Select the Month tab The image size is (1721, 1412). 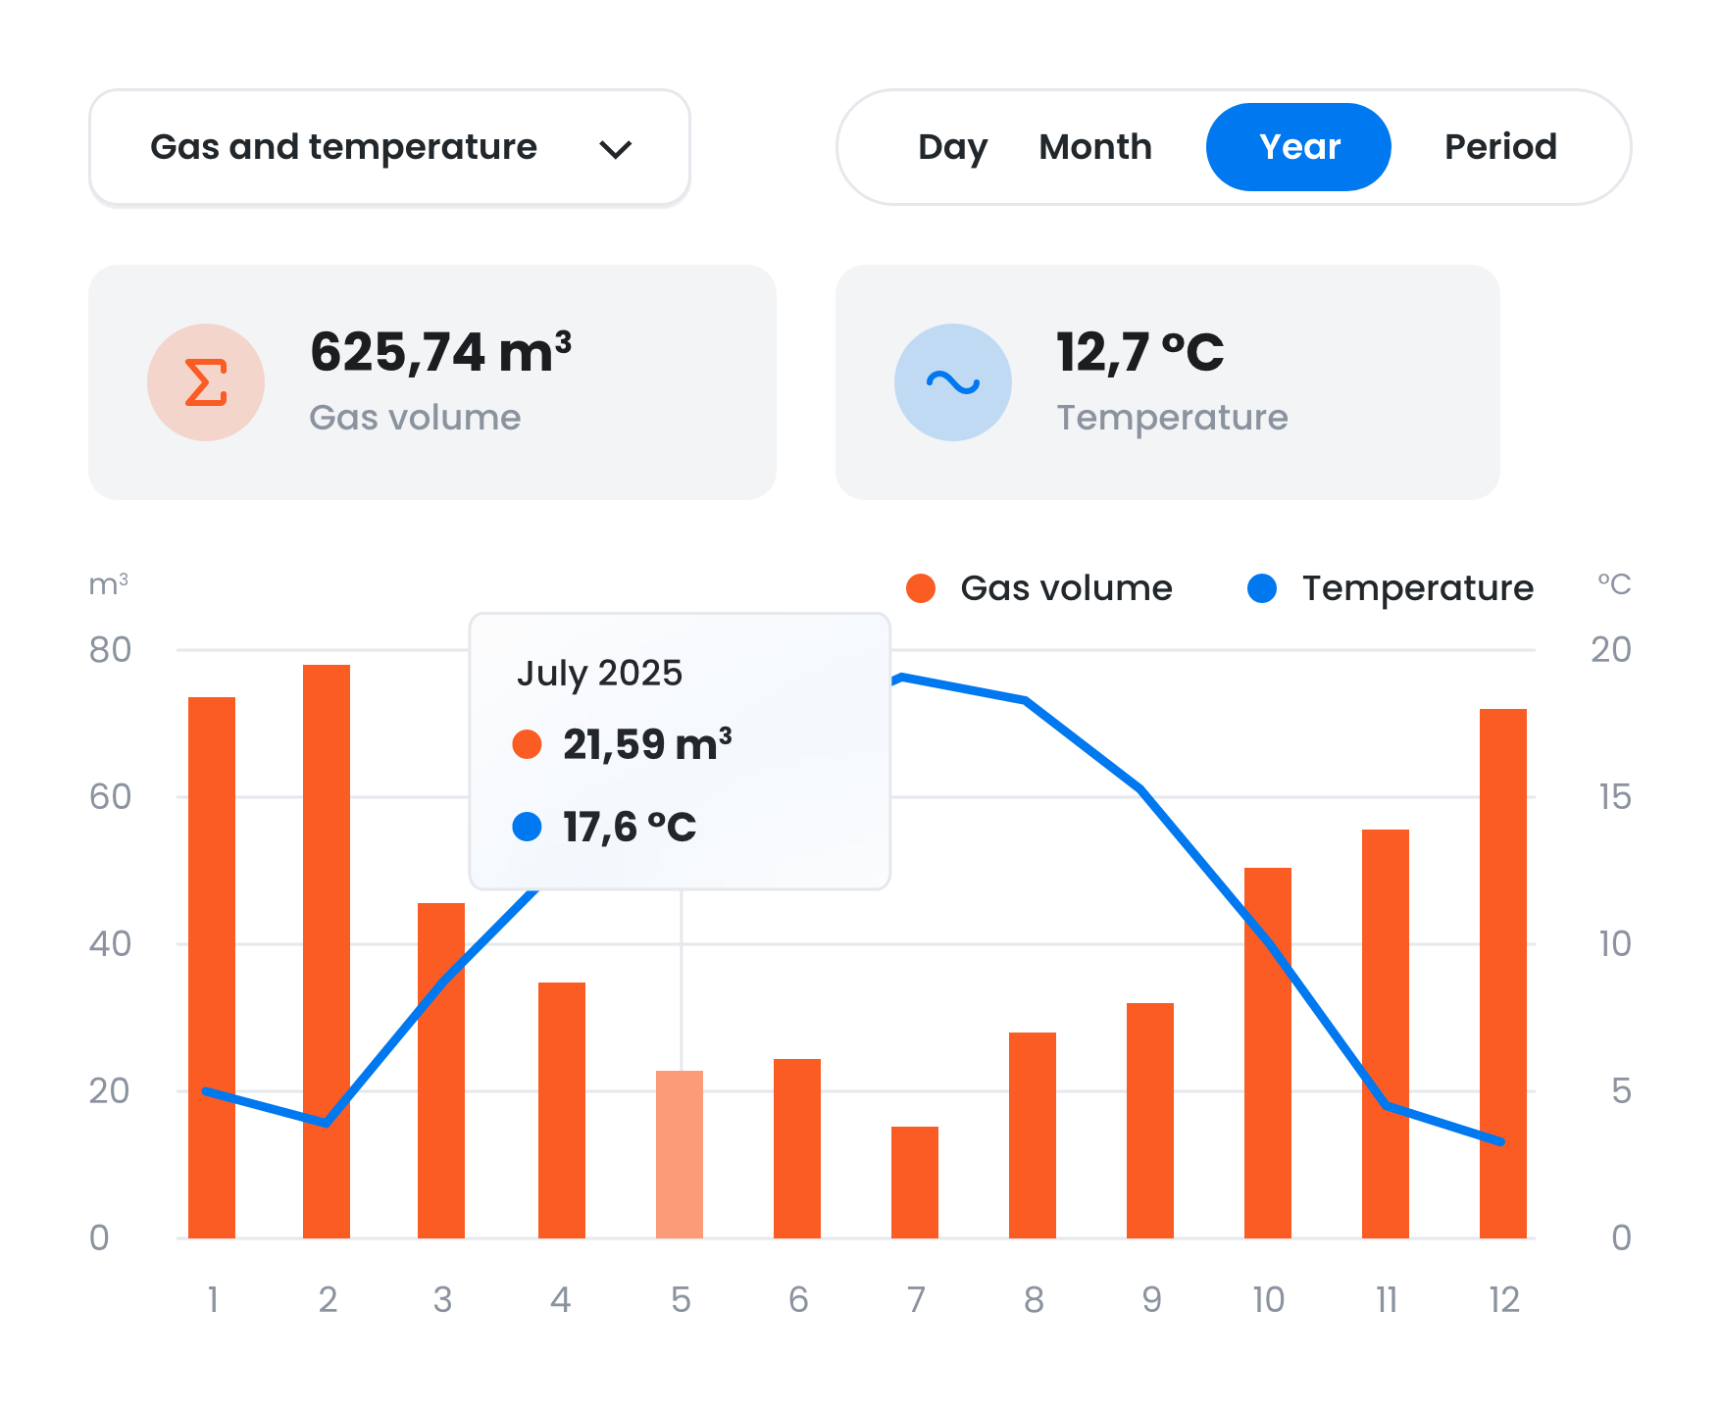click(1094, 147)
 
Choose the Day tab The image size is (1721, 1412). click(951, 147)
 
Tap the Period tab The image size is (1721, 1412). click(1499, 147)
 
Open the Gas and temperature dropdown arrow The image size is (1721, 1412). click(615, 149)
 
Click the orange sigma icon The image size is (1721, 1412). click(206, 382)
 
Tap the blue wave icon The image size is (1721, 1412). click(952, 382)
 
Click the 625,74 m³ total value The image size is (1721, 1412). click(440, 352)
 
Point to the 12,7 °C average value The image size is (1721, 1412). click(1139, 352)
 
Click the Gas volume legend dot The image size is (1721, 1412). click(920, 588)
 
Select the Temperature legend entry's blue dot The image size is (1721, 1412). click(1261, 588)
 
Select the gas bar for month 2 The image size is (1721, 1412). click(327, 951)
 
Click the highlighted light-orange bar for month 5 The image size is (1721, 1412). click(680, 1154)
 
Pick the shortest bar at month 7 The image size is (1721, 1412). click(915, 1182)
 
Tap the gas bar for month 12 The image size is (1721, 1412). click(1502, 973)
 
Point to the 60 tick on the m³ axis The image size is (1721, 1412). click(110, 797)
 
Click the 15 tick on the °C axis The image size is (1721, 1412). click(1614, 797)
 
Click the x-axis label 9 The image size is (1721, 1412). click(1151, 1300)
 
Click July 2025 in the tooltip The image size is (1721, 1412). click(599, 674)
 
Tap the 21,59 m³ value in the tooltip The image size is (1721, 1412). click(647, 744)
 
